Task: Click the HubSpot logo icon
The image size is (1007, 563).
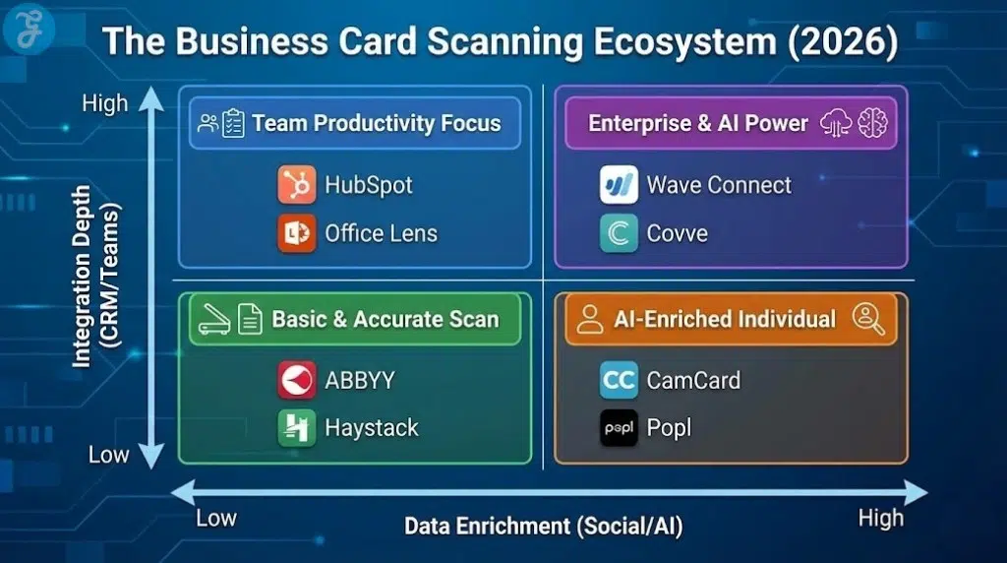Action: pos(296,185)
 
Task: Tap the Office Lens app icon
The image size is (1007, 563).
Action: pos(296,233)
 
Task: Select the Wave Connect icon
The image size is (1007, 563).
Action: pos(619,185)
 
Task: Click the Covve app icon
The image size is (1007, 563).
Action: pos(619,233)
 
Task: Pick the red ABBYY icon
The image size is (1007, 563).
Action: pos(296,380)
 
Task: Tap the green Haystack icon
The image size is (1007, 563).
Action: pos(296,428)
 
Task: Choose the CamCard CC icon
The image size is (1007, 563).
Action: pos(619,380)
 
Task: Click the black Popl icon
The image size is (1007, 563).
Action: pos(619,428)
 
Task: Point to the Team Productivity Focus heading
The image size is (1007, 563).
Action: pos(376,123)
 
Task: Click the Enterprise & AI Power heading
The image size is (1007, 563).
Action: pos(698,123)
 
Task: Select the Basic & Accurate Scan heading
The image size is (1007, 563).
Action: pos(385,319)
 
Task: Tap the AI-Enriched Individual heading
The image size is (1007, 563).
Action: pos(724,319)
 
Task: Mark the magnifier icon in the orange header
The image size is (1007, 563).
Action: pos(869,318)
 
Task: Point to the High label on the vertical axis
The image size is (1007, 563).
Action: pos(104,103)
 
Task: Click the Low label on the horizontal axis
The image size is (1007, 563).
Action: pos(215,517)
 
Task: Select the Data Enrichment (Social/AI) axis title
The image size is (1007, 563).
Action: pos(543,526)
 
